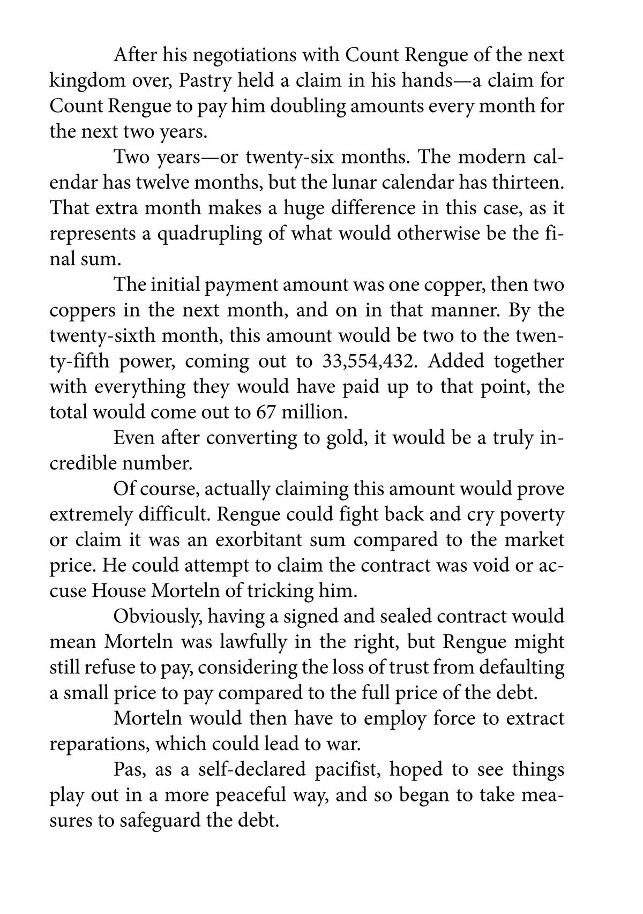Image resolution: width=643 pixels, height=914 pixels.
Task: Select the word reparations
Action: point(98,744)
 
